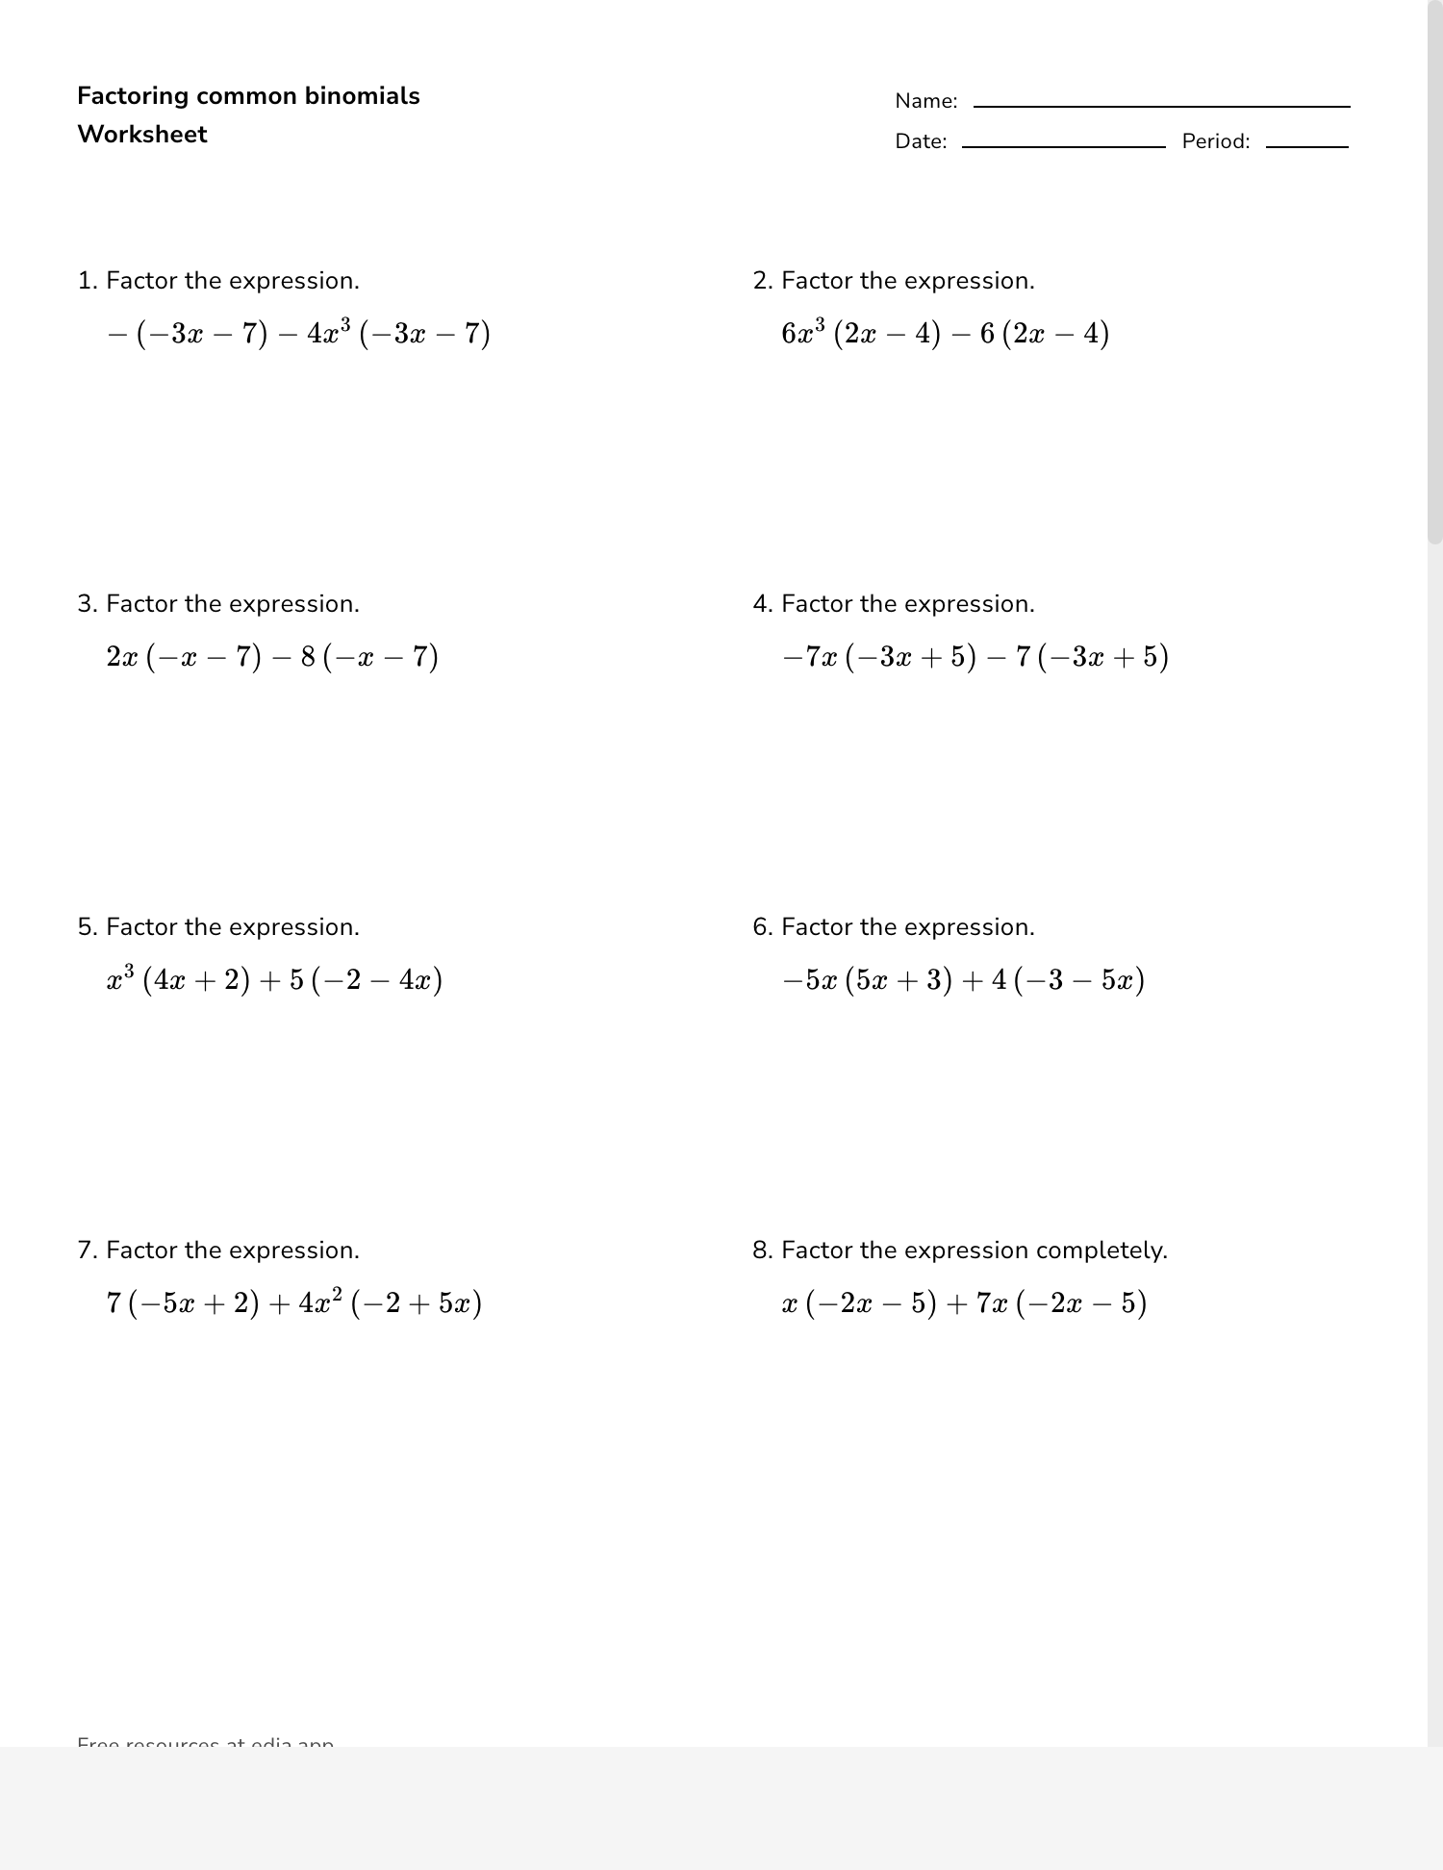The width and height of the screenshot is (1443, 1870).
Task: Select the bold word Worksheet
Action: point(142,135)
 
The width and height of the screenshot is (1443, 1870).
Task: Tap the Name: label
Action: point(925,101)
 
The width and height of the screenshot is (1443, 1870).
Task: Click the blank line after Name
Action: point(1161,106)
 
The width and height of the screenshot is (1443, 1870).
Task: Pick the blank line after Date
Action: point(1063,146)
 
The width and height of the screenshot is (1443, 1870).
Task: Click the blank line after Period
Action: point(1306,146)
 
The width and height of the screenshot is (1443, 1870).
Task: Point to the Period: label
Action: point(1215,141)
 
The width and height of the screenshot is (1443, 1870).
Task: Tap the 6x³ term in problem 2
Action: point(803,333)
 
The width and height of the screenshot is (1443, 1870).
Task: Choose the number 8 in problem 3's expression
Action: point(308,657)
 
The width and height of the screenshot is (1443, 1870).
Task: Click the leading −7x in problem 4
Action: point(810,657)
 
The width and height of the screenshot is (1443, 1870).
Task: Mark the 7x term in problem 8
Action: point(992,1303)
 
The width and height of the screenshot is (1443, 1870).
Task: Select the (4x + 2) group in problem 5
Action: point(196,980)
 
